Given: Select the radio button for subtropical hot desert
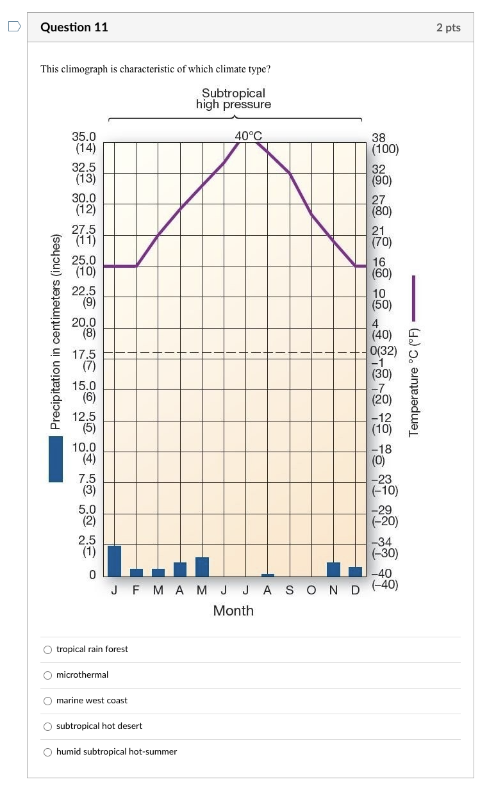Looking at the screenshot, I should click(47, 726).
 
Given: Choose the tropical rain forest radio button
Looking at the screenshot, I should click(47, 649).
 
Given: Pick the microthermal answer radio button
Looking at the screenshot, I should click(47, 674).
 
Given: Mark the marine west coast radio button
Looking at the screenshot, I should click(47, 700).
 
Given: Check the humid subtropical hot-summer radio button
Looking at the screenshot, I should click(47, 751).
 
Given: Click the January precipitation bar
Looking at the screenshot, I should click(114, 561).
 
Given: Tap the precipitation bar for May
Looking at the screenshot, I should click(202, 567).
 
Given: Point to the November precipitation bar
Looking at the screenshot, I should click(333, 569).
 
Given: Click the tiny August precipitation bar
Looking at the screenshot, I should click(268, 575).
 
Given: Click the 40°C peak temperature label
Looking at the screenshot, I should click(248, 136).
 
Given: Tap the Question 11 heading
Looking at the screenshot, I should click(74, 27).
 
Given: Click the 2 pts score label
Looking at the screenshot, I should click(449, 28).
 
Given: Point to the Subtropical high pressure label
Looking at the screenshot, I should click(233, 99).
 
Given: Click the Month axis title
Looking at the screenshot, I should click(233, 610).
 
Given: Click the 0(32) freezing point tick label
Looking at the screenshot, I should click(384, 351).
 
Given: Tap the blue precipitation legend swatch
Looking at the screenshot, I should click(56, 459).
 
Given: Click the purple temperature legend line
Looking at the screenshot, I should click(413, 298).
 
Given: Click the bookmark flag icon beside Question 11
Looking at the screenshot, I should click(14, 27).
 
